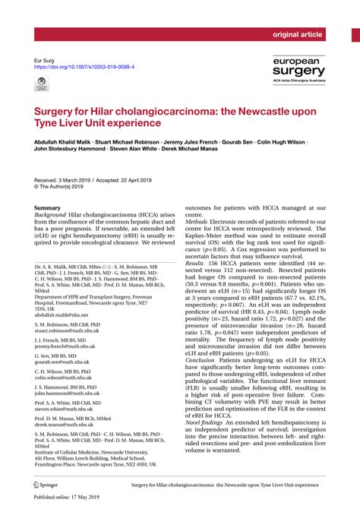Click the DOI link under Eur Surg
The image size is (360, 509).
coord(85,67)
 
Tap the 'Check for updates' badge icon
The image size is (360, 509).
coord(43,87)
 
